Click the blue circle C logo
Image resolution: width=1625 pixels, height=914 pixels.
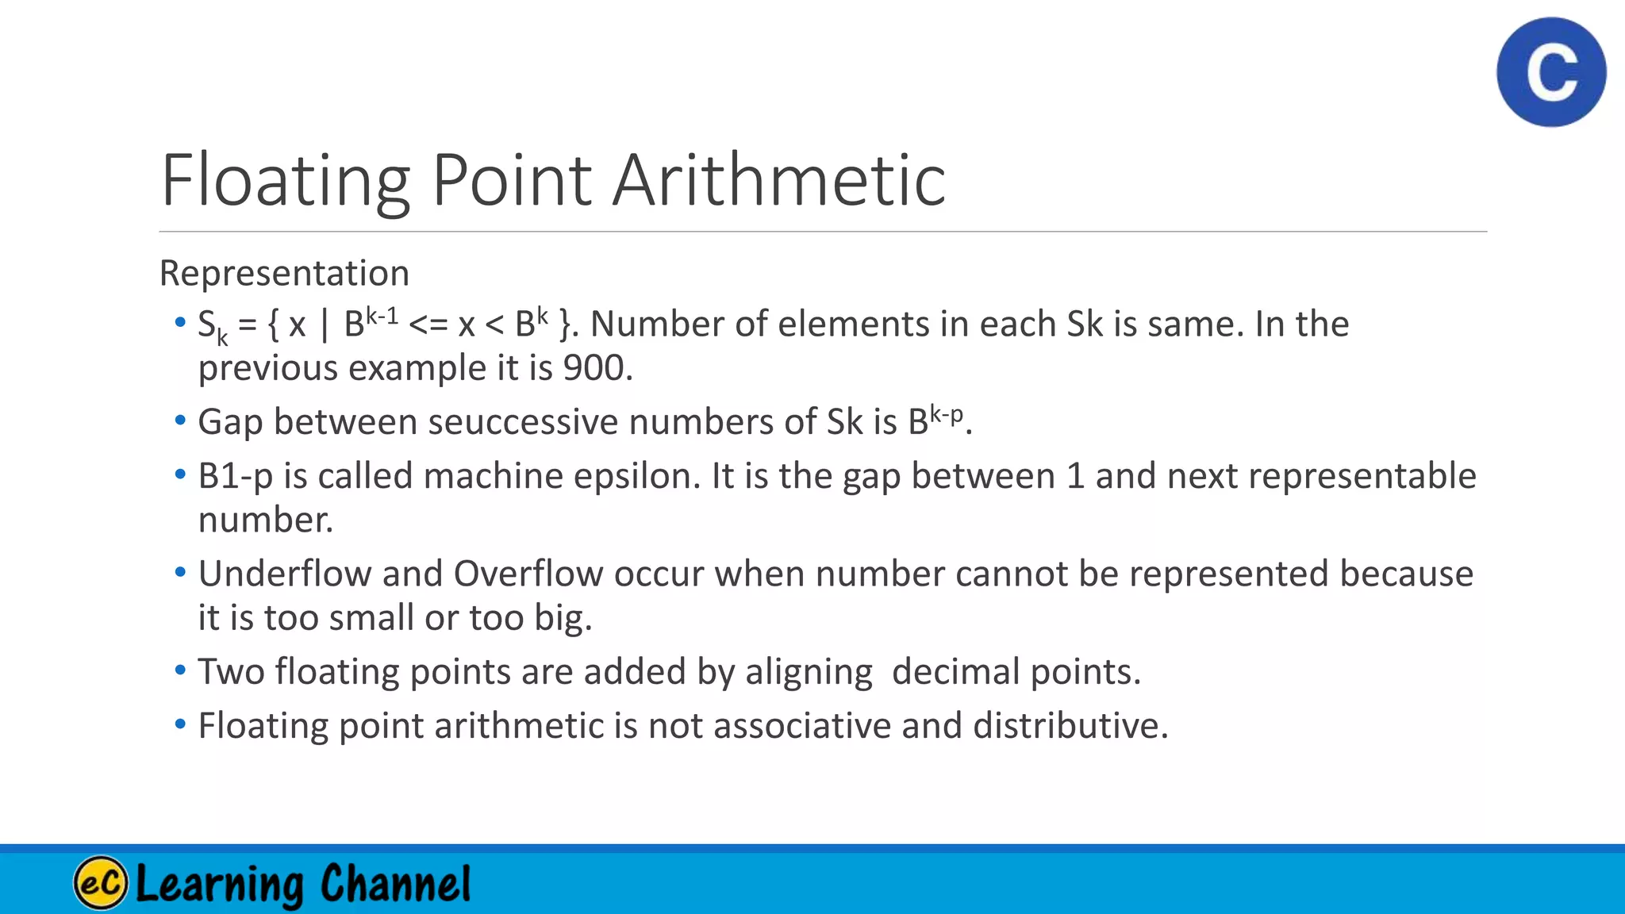point(1551,72)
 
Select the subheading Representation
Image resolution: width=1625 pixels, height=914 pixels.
point(284,273)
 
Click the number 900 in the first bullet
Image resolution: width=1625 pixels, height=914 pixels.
point(594,368)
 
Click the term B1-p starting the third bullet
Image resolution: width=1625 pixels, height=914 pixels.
point(235,476)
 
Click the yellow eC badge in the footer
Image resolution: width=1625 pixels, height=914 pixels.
point(101,882)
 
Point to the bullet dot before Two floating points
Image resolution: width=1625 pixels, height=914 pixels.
point(180,671)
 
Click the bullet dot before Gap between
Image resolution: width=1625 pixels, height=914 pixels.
point(180,421)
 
